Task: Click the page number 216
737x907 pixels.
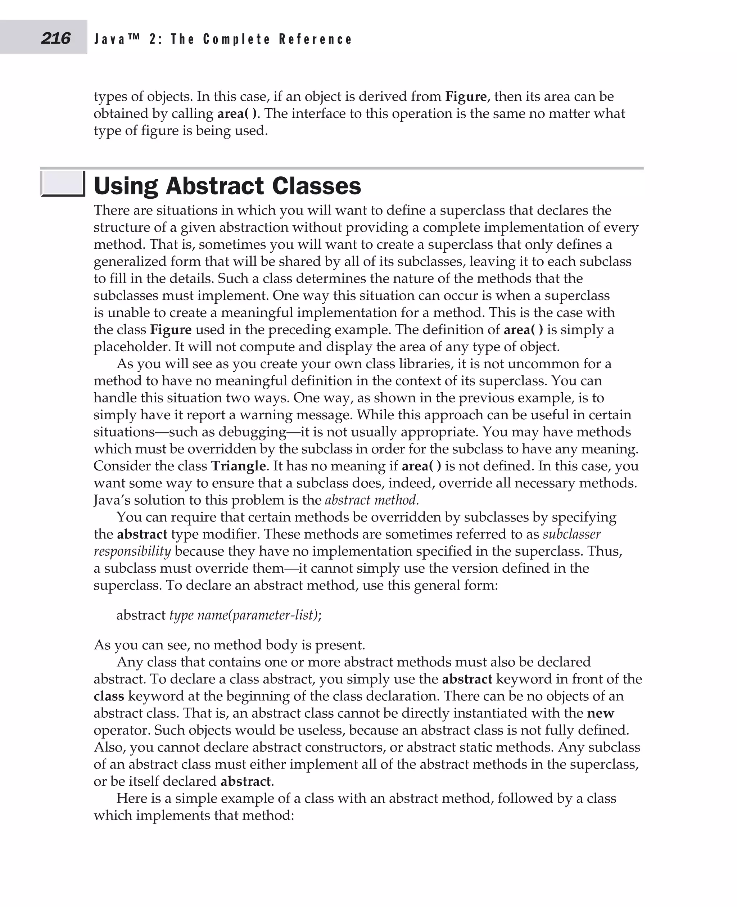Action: (56, 39)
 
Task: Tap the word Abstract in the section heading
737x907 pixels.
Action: (215, 186)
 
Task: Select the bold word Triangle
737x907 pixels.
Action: (239, 466)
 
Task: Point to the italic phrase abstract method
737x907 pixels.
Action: (372, 500)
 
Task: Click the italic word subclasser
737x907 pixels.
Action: (571, 534)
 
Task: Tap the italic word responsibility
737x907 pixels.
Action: (132, 551)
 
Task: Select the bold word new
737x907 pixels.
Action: (600, 713)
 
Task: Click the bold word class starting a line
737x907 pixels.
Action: (109, 696)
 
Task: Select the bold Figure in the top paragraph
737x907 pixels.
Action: (466, 96)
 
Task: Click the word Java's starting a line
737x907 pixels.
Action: (112, 500)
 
